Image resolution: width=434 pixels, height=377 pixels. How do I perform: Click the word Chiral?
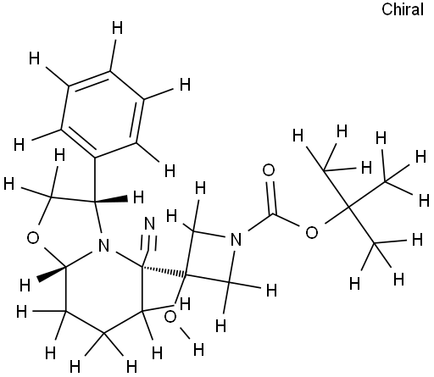[x=403, y=9]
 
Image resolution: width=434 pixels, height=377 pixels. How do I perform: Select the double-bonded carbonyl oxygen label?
[x=269, y=170]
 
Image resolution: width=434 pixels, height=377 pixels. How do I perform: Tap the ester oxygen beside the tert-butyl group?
[x=312, y=233]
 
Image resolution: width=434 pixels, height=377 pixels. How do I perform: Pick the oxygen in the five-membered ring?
[x=33, y=238]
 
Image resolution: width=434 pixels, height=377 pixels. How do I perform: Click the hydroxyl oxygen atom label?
[x=170, y=317]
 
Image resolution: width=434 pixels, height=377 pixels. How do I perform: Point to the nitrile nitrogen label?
[x=150, y=224]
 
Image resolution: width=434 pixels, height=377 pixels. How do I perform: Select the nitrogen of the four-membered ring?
[x=236, y=240]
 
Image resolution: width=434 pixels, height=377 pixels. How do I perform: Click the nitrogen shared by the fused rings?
[x=103, y=246]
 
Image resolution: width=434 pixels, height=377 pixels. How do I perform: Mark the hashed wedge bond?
[x=164, y=270]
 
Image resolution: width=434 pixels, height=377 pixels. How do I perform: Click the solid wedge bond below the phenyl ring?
[x=111, y=200]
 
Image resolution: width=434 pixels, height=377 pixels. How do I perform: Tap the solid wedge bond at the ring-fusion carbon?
[x=52, y=273]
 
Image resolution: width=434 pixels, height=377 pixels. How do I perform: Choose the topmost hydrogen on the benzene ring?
[x=118, y=28]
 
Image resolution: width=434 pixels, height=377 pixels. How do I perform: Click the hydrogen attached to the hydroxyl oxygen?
[x=198, y=350]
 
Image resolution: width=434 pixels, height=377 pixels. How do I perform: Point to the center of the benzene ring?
[x=103, y=114]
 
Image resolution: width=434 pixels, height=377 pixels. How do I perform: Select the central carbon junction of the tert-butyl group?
[x=348, y=208]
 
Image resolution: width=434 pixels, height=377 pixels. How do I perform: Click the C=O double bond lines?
[x=271, y=197]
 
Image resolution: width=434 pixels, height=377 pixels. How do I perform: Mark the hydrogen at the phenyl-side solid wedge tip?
[x=138, y=197]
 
